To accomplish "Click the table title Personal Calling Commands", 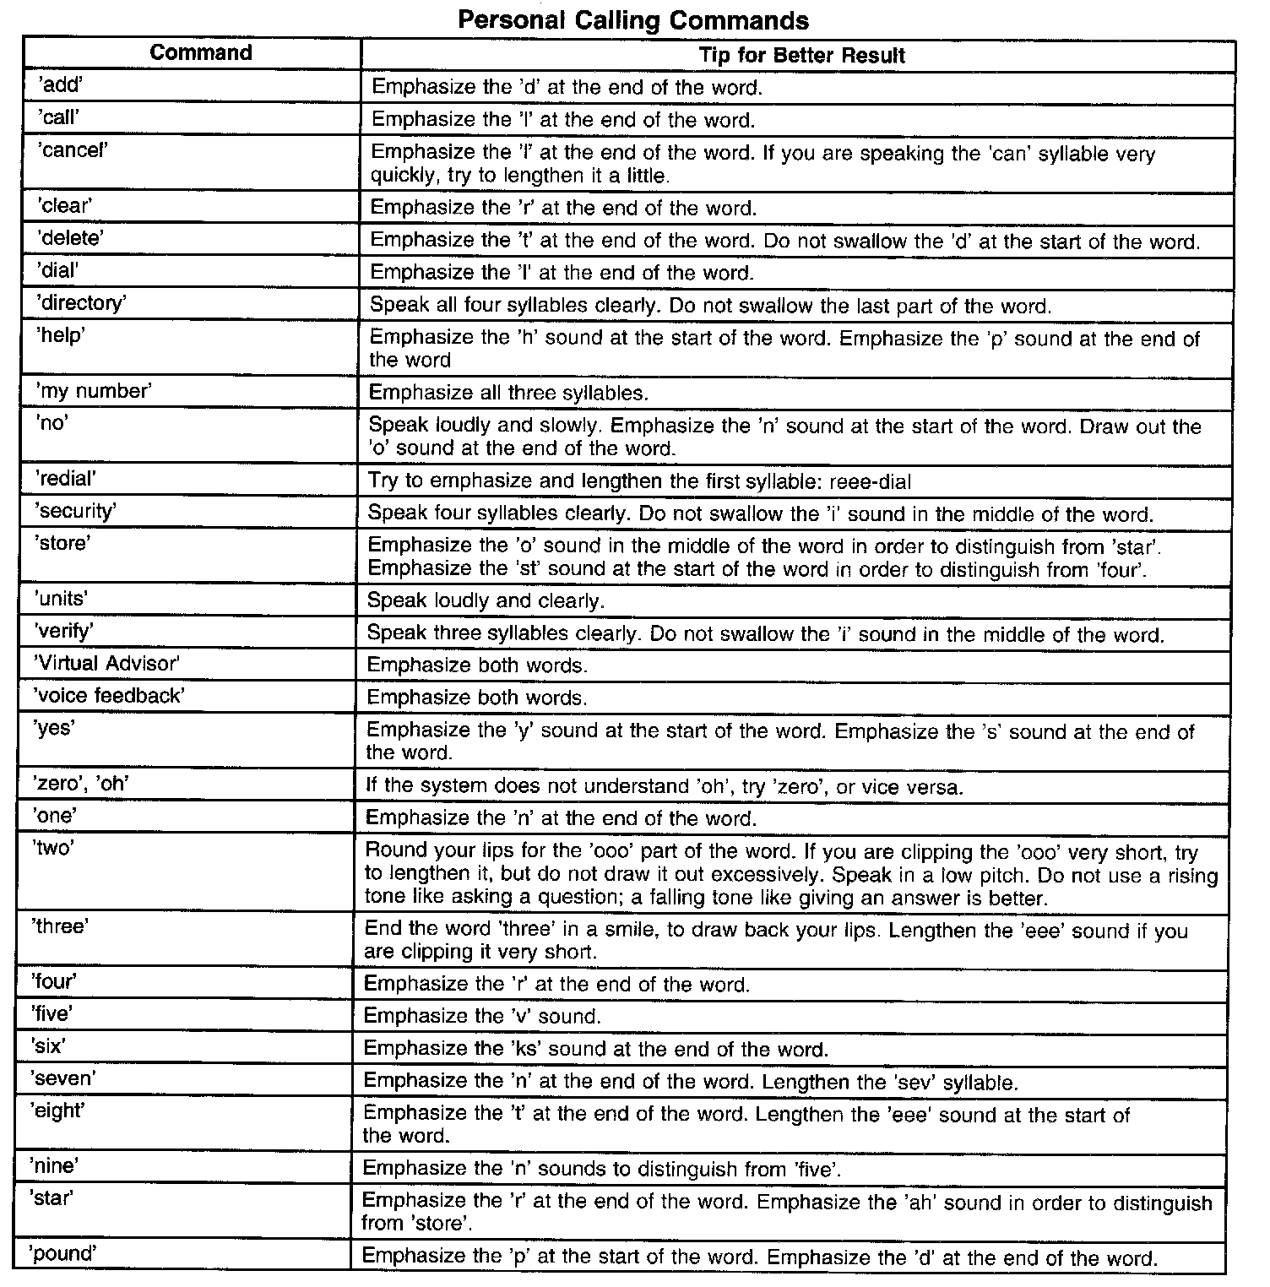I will [x=632, y=19].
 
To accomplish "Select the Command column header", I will [x=201, y=52].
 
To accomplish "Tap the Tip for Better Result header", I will [x=801, y=56].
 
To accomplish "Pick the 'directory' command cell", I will [x=81, y=303].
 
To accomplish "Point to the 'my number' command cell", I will [x=93, y=391].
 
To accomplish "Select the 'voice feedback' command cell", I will [x=108, y=695].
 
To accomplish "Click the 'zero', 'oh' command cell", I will [x=81, y=784].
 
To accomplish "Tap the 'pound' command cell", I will [x=63, y=1253].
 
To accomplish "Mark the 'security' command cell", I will [x=76, y=511].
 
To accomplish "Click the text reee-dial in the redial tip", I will [x=871, y=481].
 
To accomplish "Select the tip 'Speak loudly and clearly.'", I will [x=486, y=601].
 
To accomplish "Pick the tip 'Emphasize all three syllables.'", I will [x=508, y=393].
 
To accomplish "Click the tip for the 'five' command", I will [x=482, y=1016].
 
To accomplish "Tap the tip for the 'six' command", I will [x=595, y=1049].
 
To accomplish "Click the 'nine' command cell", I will [x=55, y=1166].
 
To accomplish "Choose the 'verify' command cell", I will [x=63, y=631].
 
